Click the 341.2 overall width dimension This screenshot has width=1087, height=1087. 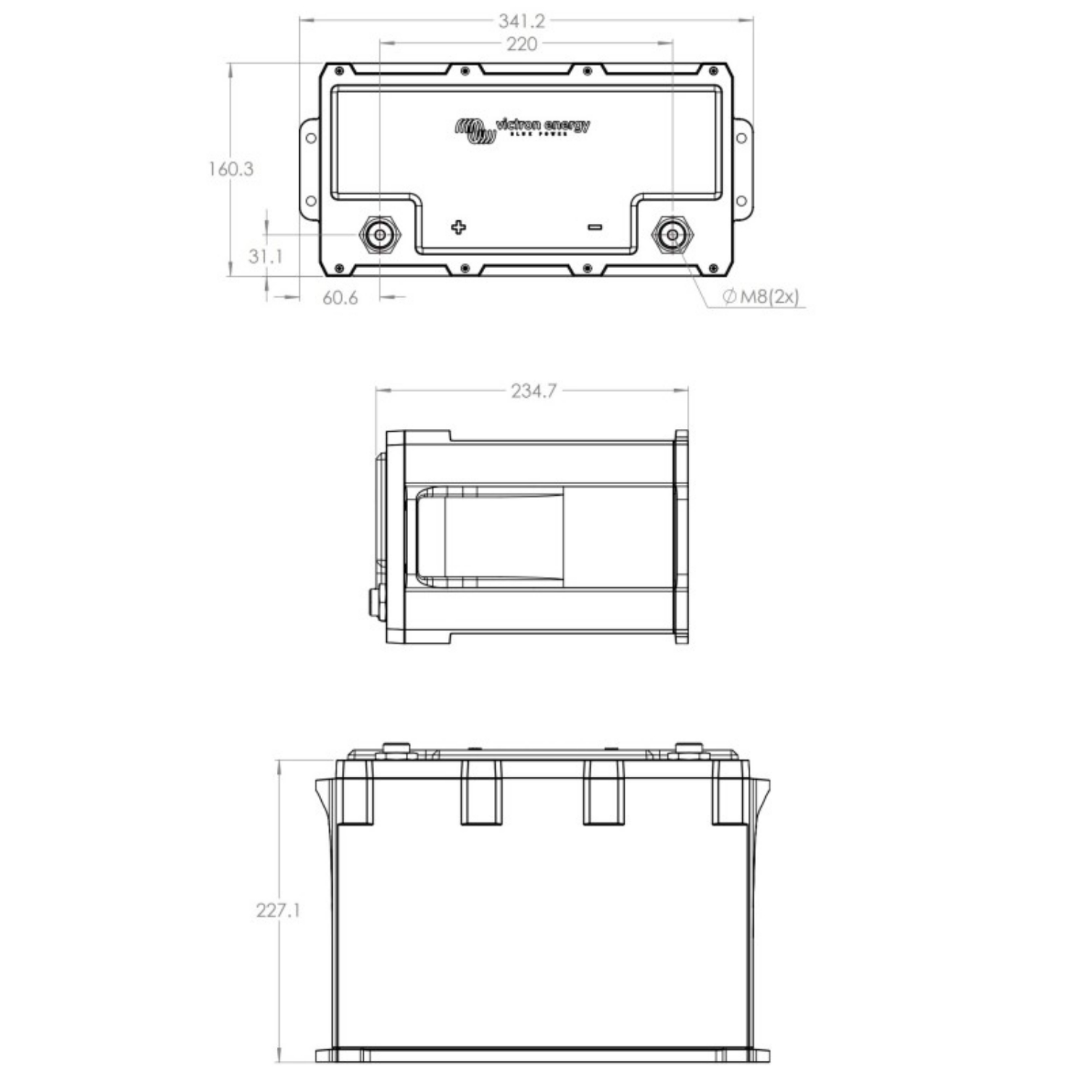(521, 20)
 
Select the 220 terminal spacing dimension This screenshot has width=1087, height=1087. (522, 44)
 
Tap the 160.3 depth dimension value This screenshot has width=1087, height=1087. (230, 169)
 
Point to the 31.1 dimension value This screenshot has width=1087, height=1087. (265, 256)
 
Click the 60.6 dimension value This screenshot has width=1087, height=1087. (340, 298)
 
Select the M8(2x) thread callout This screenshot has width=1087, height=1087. (762, 296)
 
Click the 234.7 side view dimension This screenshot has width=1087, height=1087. (533, 391)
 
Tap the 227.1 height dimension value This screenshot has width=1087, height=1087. (278, 910)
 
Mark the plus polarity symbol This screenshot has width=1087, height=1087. (458, 228)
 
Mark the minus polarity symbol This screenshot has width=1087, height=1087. (594, 227)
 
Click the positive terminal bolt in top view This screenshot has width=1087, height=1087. (380, 234)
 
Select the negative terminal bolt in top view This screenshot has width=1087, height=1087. (672, 234)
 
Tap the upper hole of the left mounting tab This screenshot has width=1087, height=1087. (309, 138)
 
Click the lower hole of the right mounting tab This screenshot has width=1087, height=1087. (741, 201)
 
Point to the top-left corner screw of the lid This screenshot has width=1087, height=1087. (338, 71)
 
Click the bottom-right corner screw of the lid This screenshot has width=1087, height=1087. (713, 270)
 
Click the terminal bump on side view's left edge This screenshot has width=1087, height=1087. (376, 603)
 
